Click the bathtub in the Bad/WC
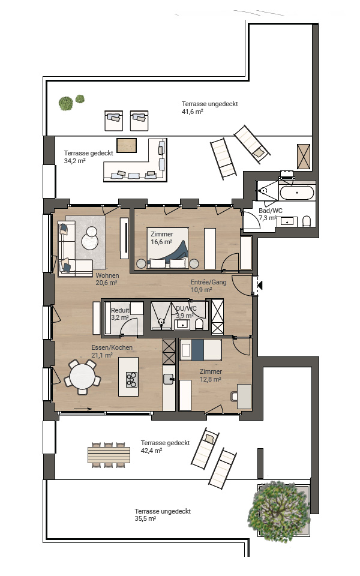pos(297,193)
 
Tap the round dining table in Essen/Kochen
pos(82,377)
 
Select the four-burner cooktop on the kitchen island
pos(131,379)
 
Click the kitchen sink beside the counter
pos(169,379)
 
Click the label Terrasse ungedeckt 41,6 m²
pos(210,108)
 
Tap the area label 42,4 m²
pos(151,451)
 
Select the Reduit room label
pos(120,310)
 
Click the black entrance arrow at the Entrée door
pos(260,284)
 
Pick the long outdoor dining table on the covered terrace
pos(109,455)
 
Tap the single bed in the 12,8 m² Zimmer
pos(200,350)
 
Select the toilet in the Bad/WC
pos(307,221)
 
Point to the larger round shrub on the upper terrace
pos(66,103)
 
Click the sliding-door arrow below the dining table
pos(83,409)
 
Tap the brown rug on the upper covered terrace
pos(127,145)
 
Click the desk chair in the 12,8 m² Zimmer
pos(234,397)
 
